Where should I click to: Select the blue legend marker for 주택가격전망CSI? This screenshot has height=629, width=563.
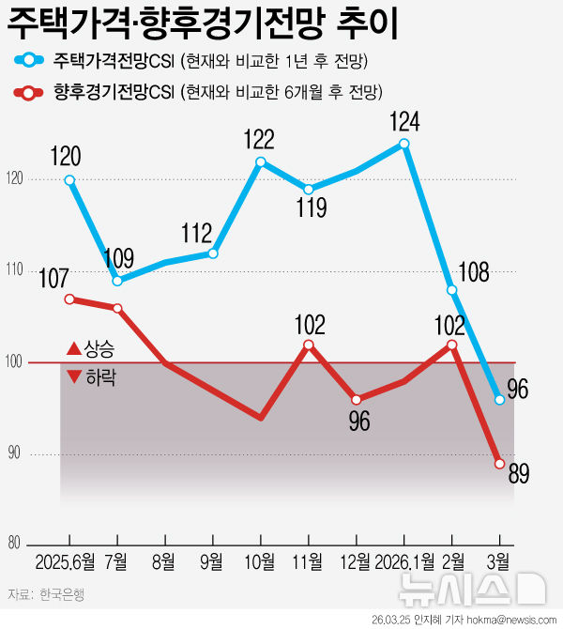click(30, 62)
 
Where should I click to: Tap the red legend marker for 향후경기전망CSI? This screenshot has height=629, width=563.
click(30, 92)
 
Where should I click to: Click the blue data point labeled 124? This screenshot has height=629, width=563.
click(403, 144)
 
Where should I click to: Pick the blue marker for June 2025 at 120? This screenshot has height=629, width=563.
click(69, 180)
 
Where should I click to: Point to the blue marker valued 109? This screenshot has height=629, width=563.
click(117, 281)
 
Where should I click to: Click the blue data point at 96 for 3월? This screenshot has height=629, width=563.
click(499, 400)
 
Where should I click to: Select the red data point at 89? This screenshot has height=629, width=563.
click(499, 464)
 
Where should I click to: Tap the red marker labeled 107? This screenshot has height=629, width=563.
click(69, 299)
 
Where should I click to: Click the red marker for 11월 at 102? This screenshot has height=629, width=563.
click(309, 345)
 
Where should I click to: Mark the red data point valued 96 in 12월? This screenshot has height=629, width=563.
click(357, 399)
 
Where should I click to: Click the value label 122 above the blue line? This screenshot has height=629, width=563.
click(258, 140)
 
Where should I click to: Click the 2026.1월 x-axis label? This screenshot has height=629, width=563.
click(403, 562)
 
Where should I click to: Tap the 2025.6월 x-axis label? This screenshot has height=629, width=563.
click(66, 562)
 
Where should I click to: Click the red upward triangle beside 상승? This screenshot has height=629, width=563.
click(73, 350)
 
